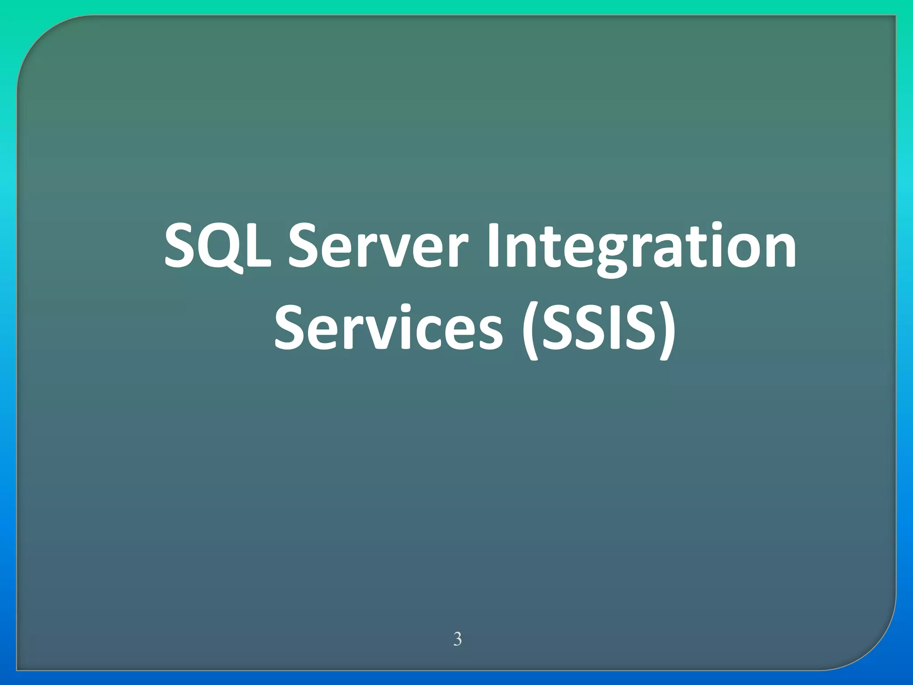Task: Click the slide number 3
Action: [457, 639]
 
